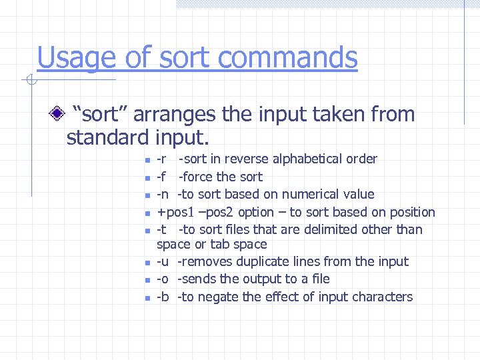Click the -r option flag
pos(161,159)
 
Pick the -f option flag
pos(161,177)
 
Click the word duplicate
pos(259,261)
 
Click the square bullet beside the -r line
pos(147,160)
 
